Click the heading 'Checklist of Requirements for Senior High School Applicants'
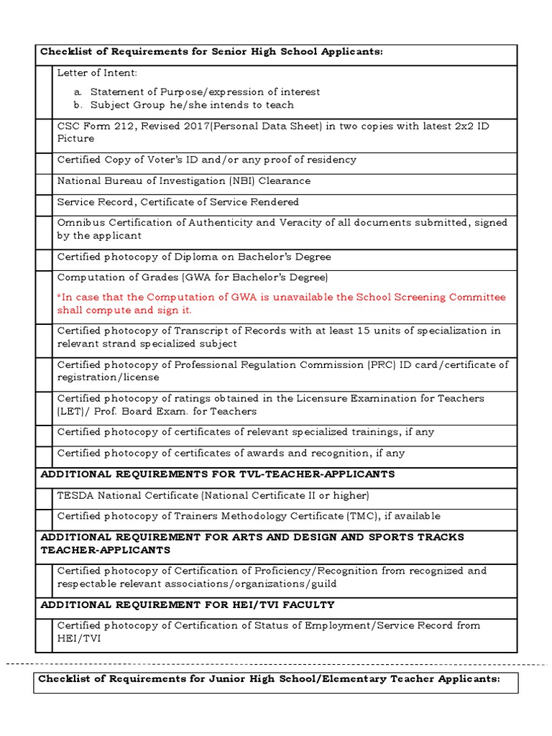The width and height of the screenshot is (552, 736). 211,52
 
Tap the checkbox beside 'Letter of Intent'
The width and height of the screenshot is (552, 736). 44,91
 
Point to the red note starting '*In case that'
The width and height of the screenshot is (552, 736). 281,303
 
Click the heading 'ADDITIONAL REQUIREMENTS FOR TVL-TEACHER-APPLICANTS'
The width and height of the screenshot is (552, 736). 218,474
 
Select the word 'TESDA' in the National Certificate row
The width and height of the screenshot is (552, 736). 75,496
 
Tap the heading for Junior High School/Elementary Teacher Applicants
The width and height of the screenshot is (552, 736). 269,679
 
